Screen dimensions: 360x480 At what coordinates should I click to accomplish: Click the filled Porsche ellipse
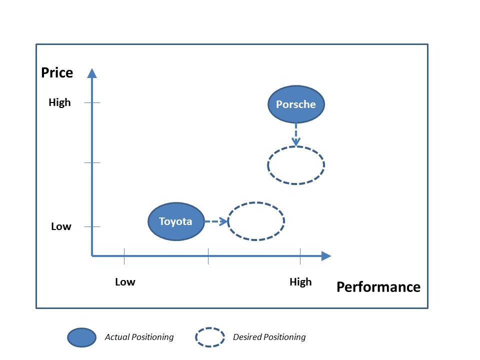(296, 104)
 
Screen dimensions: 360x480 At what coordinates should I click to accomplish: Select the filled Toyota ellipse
(176, 221)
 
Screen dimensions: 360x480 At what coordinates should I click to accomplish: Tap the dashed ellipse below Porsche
(296, 165)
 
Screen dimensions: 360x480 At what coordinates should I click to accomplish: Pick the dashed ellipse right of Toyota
(256, 221)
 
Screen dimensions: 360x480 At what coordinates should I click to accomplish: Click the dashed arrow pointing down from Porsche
(296, 134)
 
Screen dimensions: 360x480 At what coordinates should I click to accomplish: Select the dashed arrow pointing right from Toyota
(216, 221)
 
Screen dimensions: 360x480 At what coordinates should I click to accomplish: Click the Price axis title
(57, 73)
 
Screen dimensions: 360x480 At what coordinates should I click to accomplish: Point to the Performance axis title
(378, 287)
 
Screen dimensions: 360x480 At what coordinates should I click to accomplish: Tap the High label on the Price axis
(60, 102)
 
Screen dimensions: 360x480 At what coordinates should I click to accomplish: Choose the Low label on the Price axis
(61, 226)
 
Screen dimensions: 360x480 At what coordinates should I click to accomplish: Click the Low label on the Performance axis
(125, 282)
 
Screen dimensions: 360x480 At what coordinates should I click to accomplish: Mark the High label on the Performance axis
(300, 282)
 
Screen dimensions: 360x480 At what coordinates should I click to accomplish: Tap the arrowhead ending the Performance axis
(326, 256)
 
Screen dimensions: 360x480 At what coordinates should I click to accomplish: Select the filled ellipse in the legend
(82, 337)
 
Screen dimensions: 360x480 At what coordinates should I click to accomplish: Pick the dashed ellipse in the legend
(210, 337)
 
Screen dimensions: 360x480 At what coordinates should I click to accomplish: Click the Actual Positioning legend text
(139, 337)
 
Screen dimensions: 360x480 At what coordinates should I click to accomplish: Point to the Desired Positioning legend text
(269, 337)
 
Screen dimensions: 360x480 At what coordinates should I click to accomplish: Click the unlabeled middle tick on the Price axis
(92, 162)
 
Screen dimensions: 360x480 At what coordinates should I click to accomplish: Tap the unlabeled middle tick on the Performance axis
(208, 256)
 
